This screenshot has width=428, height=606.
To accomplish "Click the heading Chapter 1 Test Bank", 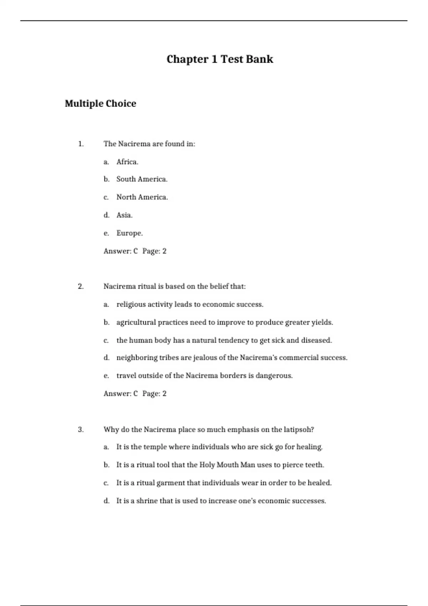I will pyautogui.click(x=220, y=59).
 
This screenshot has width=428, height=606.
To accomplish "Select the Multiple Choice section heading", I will pyautogui.click(x=100, y=104).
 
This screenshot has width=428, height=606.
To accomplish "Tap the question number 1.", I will pyautogui.click(x=81, y=144).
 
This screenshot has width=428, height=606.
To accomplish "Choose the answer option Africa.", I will pyautogui.click(x=127, y=162).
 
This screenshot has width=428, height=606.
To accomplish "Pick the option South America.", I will pyautogui.click(x=142, y=179).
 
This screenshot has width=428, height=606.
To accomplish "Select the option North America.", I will pyautogui.click(x=142, y=197).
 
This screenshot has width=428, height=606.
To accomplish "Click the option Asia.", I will pyautogui.click(x=124, y=215).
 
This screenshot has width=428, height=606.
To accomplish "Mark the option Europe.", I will pyautogui.click(x=129, y=233).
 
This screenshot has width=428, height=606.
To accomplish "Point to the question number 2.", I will pyautogui.click(x=81, y=287).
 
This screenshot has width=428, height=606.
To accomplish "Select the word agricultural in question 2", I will pyautogui.click(x=136, y=323).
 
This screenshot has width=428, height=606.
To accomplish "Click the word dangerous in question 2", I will pyautogui.click(x=274, y=376).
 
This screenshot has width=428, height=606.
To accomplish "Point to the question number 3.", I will pyautogui.click(x=81, y=430).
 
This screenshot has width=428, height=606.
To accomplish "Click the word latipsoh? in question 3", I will pyautogui.click(x=299, y=430).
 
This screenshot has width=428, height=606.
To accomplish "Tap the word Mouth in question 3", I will pyautogui.click(x=228, y=465).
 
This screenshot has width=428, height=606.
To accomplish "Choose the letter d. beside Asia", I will pyautogui.click(x=106, y=215).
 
